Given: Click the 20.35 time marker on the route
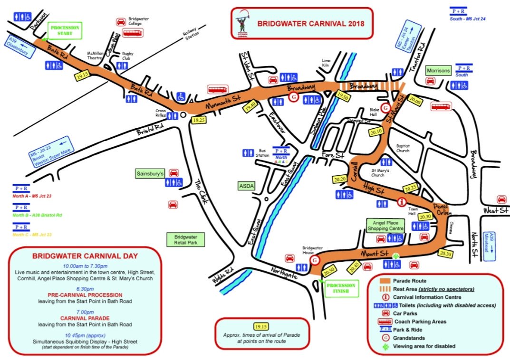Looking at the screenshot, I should tap(445, 254).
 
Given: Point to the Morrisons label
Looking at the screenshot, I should tap(438, 71).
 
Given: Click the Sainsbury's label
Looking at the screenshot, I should tap(150, 173).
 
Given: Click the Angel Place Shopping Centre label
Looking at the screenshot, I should tap(385, 225).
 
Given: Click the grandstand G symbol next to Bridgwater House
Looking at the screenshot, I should tap(314, 260).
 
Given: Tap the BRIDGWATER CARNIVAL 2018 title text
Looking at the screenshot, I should tap(311, 23).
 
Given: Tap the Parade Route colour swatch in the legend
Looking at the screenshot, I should tap(384, 280).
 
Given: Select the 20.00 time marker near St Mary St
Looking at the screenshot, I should tap(414, 101).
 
